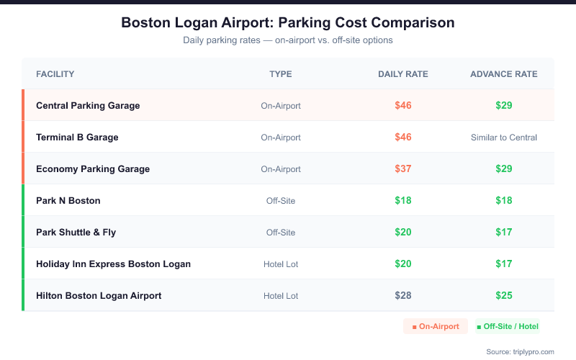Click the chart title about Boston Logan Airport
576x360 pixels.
288,23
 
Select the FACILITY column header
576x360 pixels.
55,74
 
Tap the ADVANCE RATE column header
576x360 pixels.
503,74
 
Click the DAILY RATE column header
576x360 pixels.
402,74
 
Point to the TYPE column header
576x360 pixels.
281,74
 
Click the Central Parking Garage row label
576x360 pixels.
88,106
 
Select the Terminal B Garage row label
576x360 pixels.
77,138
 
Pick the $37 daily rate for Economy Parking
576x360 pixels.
403,169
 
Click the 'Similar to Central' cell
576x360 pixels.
504,138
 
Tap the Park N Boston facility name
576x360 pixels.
68,201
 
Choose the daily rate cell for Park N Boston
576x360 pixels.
403,201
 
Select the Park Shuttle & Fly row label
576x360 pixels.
76,233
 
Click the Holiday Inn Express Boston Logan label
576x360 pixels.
113,264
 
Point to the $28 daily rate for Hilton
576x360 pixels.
403,296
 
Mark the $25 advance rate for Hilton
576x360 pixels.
504,296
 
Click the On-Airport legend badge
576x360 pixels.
436,327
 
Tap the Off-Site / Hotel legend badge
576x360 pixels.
508,327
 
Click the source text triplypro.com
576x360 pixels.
520,351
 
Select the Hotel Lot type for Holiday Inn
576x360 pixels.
281,264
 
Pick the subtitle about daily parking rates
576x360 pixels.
288,40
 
